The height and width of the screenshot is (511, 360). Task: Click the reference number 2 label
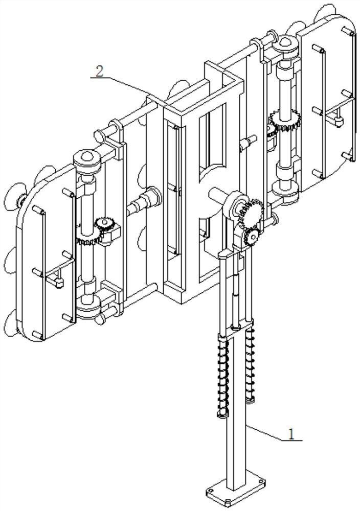pos(99,71)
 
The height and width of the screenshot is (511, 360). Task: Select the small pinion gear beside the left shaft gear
pos(103,223)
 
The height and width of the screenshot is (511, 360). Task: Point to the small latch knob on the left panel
pos(58,280)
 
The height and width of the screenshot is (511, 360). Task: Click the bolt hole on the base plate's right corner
pos(261,481)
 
